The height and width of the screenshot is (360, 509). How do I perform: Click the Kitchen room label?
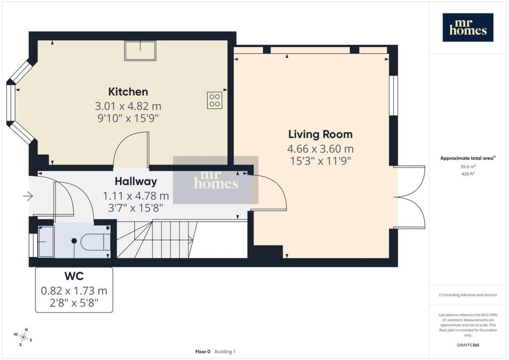click(x=128, y=92)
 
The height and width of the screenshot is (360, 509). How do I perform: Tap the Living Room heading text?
click(x=321, y=134)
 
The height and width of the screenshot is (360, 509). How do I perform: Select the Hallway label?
click(x=136, y=181)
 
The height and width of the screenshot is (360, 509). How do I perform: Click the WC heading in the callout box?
click(x=74, y=276)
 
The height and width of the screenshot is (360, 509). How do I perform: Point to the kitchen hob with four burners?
click(x=215, y=100)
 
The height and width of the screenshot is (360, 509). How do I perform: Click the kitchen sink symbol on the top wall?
click(x=140, y=51)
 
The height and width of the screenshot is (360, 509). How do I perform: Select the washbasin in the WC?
click(x=46, y=242)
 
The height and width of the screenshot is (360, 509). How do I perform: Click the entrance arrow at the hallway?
click(x=28, y=196)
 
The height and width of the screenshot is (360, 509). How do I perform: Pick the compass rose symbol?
click(x=23, y=337)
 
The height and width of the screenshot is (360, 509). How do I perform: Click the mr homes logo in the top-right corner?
click(x=468, y=27)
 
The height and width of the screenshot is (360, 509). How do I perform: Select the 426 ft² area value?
click(x=468, y=174)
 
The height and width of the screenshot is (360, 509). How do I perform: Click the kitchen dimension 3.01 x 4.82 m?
click(x=128, y=106)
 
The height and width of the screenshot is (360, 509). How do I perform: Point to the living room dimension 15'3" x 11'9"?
click(x=321, y=161)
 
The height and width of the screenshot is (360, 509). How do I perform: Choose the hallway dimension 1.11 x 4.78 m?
click(x=136, y=196)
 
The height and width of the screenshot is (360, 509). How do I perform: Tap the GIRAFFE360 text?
click(x=468, y=345)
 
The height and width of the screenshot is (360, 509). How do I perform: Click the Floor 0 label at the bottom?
click(x=203, y=352)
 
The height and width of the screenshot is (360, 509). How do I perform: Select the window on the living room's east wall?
click(x=394, y=95)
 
